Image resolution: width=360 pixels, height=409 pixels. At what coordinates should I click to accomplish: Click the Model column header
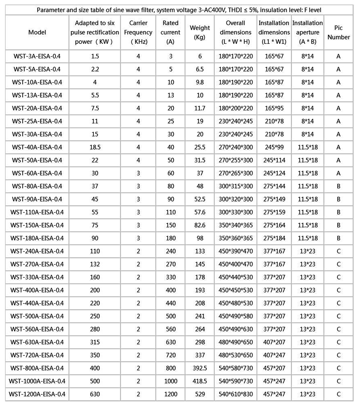[x=37, y=32]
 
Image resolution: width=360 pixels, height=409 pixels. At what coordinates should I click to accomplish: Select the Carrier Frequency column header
[x=138, y=32]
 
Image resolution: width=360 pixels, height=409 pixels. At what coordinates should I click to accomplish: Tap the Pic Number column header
[x=338, y=32]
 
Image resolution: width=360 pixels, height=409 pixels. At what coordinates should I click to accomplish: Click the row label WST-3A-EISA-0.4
[x=37, y=56]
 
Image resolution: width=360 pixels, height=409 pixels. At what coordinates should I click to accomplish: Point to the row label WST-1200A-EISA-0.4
[x=37, y=394]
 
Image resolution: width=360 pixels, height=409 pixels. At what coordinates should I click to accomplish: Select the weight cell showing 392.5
[x=200, y=368]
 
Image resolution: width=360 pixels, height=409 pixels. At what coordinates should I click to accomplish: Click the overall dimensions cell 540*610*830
[x=236, y=394]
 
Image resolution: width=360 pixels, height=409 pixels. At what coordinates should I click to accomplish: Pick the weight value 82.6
[x=200, y=225]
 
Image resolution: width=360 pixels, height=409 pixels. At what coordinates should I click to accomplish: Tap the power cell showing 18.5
[x=95, y=147]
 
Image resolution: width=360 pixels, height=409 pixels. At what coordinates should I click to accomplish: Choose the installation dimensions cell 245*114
[x=274, y=160]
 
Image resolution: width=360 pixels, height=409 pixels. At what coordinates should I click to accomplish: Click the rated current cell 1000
[x=171, y=381]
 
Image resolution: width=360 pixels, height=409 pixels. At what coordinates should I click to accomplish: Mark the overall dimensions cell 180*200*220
[x=236, y=108]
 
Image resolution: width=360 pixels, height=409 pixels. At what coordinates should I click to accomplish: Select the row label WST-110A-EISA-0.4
[x=37, y=212]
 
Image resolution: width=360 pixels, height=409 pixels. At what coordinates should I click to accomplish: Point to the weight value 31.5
[x=200, y=160]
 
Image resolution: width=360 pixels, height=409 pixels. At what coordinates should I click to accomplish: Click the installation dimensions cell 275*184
[x=274, y=238]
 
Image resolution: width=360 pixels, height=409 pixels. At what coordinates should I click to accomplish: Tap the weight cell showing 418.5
[x=200, y=381]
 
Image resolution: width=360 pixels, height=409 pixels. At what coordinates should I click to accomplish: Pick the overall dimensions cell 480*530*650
[x=236, y=355]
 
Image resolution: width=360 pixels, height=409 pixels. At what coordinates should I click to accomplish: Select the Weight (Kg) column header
[x=200, y=32]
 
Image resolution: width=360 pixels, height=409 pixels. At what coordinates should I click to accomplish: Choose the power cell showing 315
[x=95, y=342]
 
